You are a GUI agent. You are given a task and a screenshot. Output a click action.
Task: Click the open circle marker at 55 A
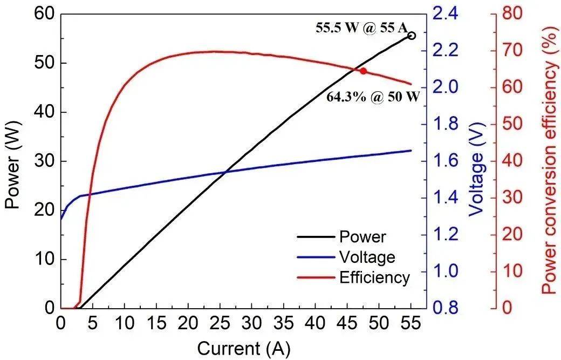tap(412, 36)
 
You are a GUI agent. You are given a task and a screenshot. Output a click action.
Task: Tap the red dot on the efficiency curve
tap(364, 71)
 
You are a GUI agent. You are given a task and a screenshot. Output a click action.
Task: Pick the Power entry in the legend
tap(362, 236)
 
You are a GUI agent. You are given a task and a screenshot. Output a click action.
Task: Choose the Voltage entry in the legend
tap(367, 257)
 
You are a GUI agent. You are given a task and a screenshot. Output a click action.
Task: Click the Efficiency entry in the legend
tap(374, 277)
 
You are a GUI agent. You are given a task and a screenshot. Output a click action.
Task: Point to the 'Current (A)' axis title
tap(244, 348)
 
